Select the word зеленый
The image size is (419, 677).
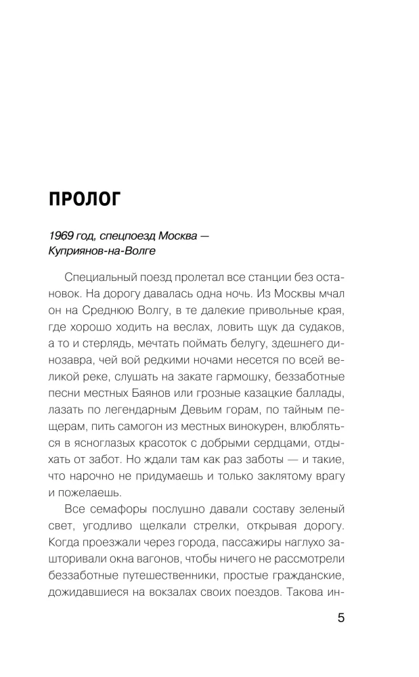[x=320, y=508]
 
